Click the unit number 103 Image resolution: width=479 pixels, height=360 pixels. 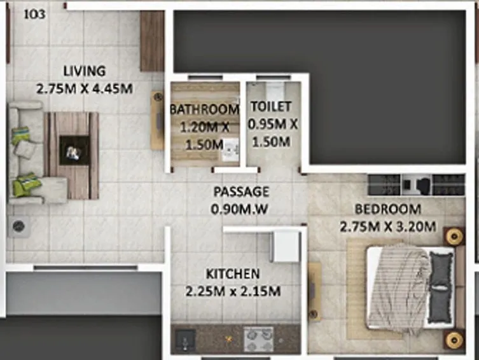[34, 14]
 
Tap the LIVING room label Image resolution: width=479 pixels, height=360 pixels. [85, 71]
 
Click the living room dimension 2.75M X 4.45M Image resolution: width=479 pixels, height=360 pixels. [85, 88]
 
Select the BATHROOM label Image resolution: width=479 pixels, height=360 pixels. [204, 109]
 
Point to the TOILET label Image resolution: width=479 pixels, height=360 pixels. [271, 107]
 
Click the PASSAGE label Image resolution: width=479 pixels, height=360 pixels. [241, 191]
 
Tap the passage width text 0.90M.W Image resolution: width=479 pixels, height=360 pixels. [241, 208]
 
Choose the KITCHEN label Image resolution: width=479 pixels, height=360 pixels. [232, 274]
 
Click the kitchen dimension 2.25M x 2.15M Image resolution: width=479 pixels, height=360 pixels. [232, 292]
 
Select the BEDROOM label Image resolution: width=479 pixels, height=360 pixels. [387, 209]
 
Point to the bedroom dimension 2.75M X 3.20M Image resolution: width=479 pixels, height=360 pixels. [387, 226]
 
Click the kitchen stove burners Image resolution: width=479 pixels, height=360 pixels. [258, 339]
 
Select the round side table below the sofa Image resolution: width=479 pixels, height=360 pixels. [18, 225]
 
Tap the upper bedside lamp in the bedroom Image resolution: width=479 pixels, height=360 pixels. [454, 237]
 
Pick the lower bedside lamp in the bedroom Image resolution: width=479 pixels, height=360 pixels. [454, 339]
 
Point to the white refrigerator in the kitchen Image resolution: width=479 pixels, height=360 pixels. [285, 246]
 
